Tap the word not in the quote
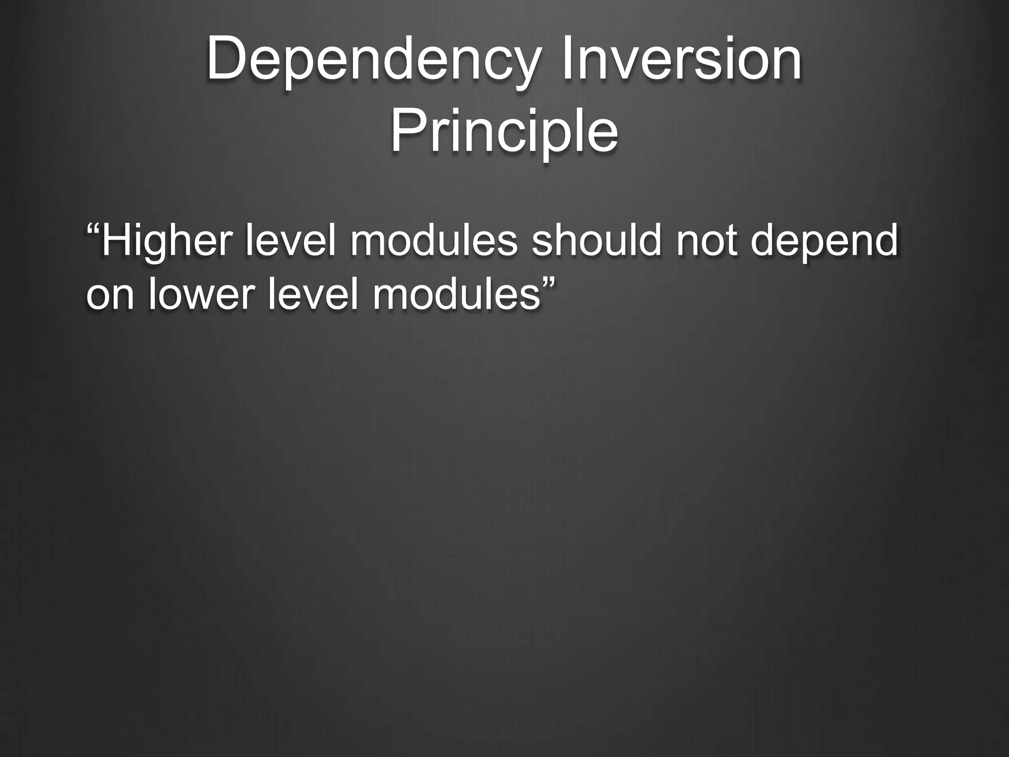pos(706,241)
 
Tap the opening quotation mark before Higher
pos(93,229)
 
